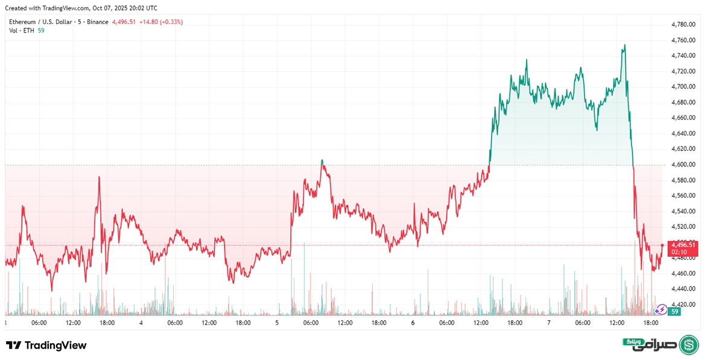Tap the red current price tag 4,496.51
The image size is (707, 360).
point(683,245)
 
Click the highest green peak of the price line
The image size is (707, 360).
point(624,45)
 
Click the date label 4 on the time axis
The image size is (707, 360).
point(141,323)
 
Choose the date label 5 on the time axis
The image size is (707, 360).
point(277,323)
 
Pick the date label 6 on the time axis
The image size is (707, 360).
point(413,323)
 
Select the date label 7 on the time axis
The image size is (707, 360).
point(549,323)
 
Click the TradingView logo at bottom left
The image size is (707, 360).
point(46,346)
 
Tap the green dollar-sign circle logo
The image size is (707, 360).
point(689,345)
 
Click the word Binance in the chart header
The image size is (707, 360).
point(97,22)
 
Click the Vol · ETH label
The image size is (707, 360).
point(21,31)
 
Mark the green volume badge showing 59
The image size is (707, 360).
point(675,312)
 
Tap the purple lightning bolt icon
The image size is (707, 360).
point(662,310)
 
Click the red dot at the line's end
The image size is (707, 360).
point(662,245)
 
